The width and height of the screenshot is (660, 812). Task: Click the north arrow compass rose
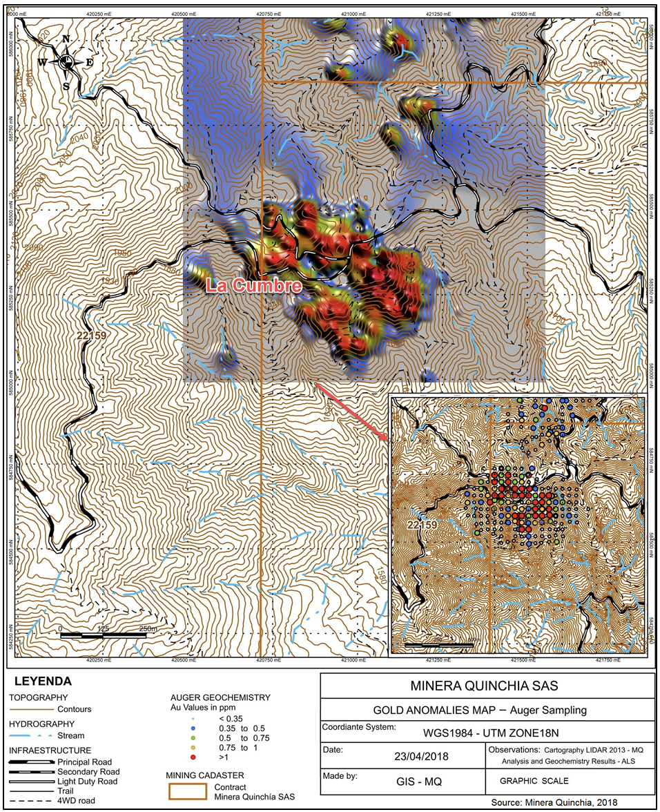point(66,62)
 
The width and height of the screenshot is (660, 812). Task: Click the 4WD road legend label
point(77,801)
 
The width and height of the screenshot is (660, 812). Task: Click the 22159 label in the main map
point(93,335)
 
